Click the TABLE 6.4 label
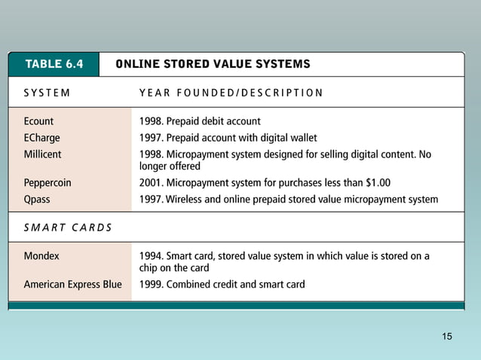(54, 64)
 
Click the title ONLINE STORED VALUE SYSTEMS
(213, 64)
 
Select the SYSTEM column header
(47, 93)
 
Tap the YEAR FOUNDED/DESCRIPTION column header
(231, 93)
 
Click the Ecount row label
(39, 121)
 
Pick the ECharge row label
(42, 137)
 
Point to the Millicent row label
(43, 154)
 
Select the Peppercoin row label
(47, 183)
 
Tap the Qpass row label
(38, 200)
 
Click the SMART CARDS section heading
(67, 228)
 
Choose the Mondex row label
(41, 255)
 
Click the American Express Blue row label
(72, 285)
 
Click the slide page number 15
(448, 336)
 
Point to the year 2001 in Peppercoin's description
(150, 183)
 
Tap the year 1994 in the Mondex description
(150, 255)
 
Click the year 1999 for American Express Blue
(150, 285)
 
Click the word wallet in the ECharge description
(301, 137)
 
